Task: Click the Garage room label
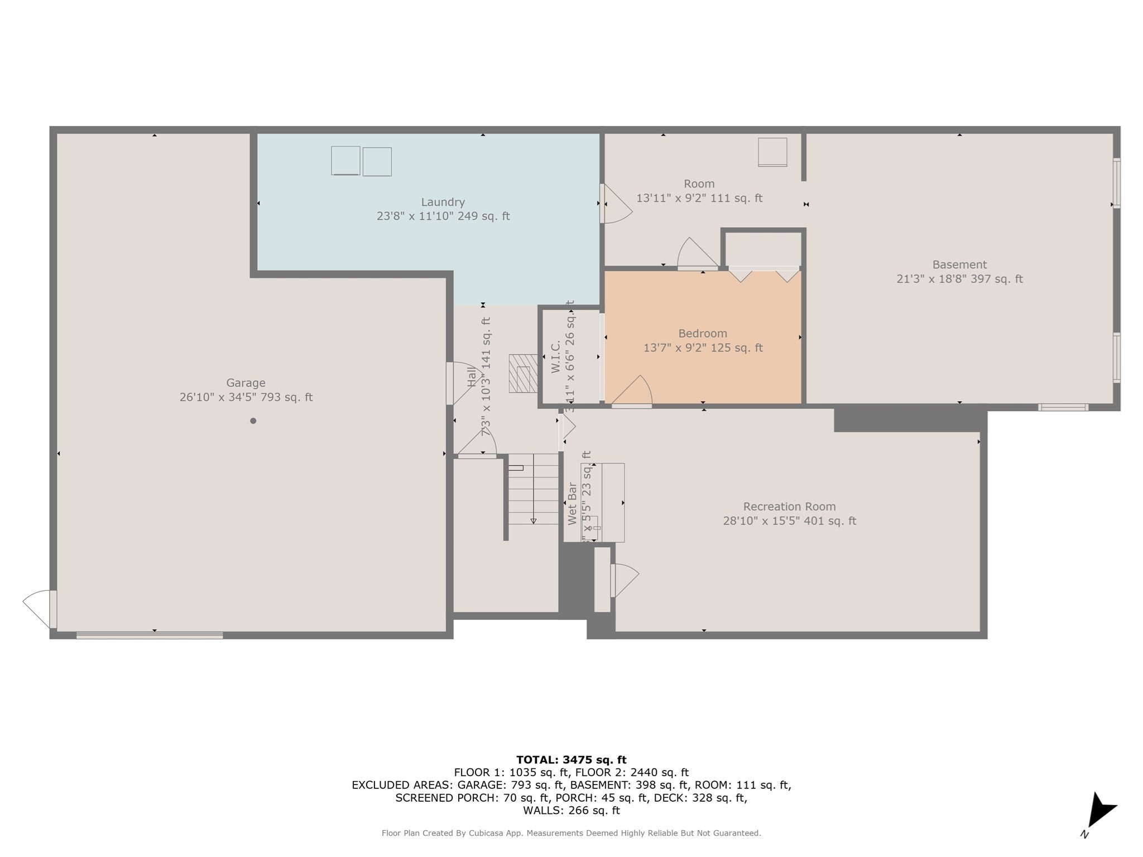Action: pos(246,383)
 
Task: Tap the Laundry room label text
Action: pos(443,202)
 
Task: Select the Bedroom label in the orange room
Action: pos(702,334)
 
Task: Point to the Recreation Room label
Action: pos(789,507)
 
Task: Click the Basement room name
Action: pos(959,264)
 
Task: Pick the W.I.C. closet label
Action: pos(556,357)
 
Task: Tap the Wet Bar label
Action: pos(572,503)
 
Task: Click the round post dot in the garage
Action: pos(253,421)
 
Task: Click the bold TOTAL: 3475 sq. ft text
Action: pos(571,759)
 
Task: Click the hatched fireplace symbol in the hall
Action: pos(523,373)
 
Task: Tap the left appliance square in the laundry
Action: pos(345,161)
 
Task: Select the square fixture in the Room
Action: pos(772,152)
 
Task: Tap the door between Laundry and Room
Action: pos(615,204)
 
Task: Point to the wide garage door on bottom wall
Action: pos(150,635)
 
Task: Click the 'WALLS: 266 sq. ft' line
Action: pos(571,810)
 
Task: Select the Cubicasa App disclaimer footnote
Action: pos(571,833)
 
